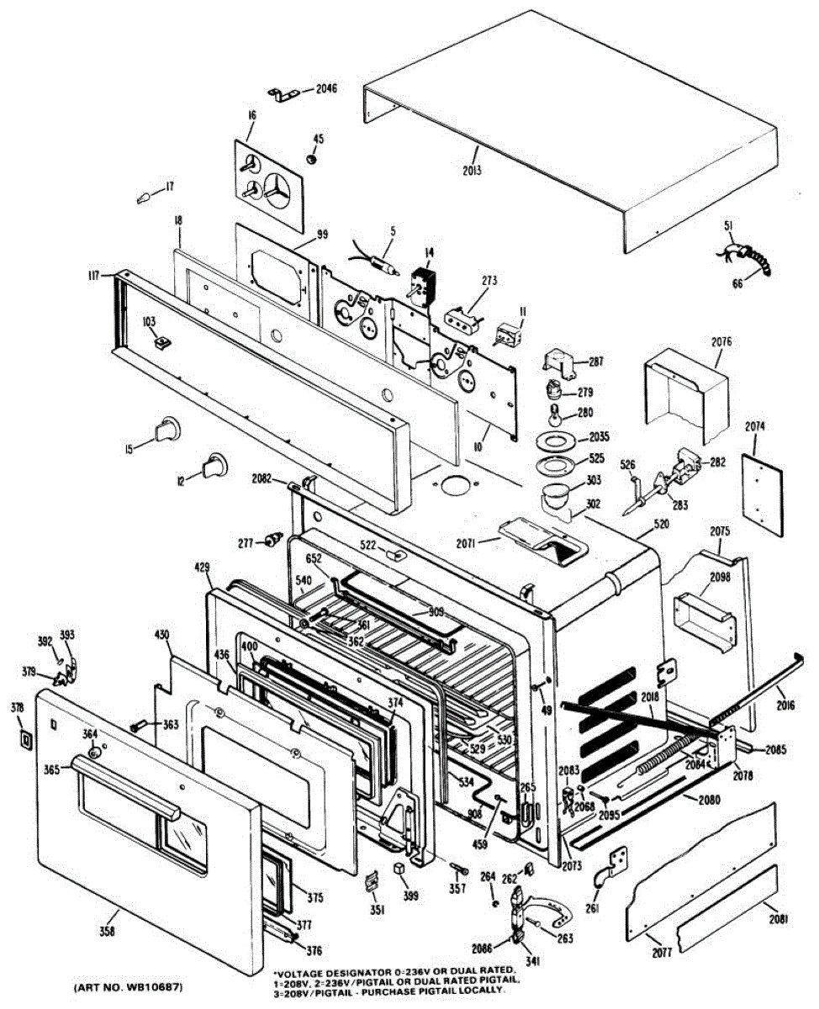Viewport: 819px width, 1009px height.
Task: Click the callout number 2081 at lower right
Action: tap(778, 919)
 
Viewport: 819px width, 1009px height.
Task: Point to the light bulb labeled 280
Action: tap(555, 416)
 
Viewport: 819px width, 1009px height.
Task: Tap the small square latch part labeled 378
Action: tap(24, 740)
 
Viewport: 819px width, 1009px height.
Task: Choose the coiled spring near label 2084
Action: tap(667, 756)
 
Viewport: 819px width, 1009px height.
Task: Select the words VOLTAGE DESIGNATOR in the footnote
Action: tap(317, 970)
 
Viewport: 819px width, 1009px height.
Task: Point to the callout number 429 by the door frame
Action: tap(202, 568)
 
